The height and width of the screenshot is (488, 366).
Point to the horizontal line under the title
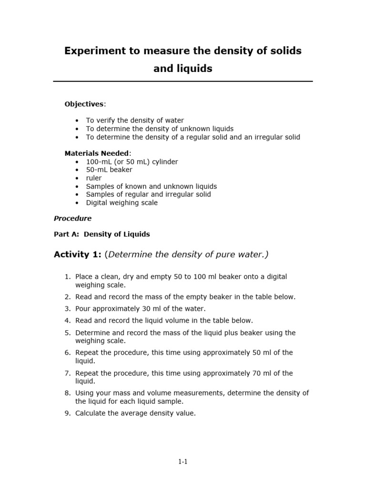183,81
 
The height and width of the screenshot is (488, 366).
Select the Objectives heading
84,104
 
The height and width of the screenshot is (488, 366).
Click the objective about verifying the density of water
135,121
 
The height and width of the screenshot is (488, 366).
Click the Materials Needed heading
97,153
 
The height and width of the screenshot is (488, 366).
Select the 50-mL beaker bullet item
109,170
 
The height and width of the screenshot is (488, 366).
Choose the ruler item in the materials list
94,178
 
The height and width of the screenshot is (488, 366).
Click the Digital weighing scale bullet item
122,203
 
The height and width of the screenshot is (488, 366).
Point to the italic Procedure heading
72,219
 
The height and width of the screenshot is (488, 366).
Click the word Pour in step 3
83,309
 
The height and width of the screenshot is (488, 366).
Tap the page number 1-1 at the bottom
183,461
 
